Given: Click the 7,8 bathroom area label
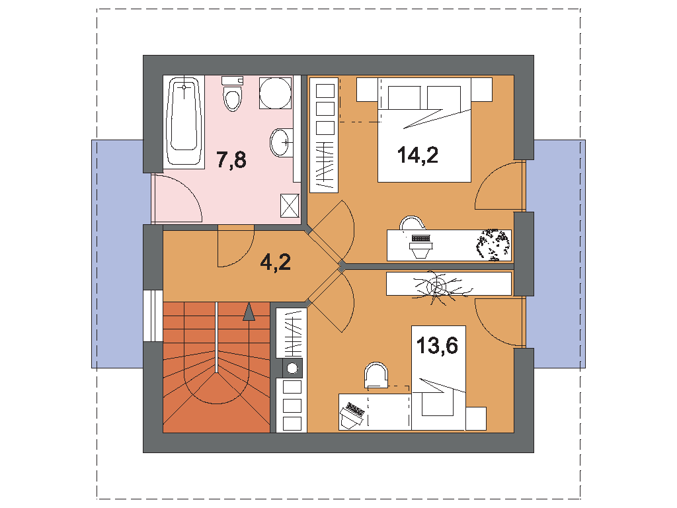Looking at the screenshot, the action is pos(231,159).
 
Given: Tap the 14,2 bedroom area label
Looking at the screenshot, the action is pos(418,155).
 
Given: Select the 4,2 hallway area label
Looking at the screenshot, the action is pos(276,262).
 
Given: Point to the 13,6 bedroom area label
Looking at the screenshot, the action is pos(437,345).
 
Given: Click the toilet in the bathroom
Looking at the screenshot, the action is pos(232,93).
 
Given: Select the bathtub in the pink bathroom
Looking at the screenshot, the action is pos(184,122).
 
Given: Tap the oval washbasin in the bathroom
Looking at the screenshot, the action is pos(280,143).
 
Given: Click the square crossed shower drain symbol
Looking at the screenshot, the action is pos(290,205).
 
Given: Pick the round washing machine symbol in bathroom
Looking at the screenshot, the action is pos(276,93).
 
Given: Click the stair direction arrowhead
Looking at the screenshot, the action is pos(249,312).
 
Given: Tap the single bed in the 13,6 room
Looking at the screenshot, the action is pos(438,378).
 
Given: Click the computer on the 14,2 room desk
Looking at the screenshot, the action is pos(420,245).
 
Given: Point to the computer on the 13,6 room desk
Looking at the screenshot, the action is pos(352,415).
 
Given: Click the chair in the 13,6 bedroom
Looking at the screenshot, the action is pos(376,375).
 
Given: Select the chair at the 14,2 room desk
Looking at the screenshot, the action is pos(413,222).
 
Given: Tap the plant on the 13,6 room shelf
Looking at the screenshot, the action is pos(437,286).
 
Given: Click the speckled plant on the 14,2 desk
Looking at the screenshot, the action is pos(493,245).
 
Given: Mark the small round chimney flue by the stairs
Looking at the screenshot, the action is pos(292,368).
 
